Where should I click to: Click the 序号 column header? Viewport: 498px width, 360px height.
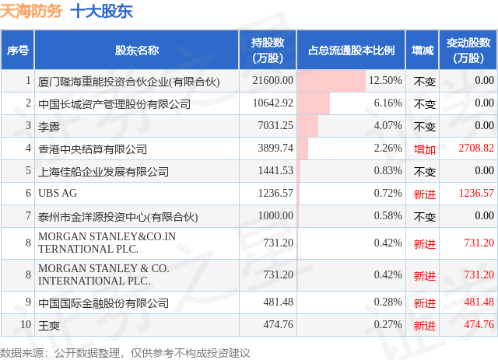18,51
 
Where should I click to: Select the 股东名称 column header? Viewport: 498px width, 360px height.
137,51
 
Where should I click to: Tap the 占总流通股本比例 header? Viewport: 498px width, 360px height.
351,51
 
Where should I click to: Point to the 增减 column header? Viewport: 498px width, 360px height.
423,51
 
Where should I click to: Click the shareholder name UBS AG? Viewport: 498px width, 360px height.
58,194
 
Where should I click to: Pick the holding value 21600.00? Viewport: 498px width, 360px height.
273,80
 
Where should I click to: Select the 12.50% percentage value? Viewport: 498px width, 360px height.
385,80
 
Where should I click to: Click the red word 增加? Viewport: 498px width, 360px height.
425,149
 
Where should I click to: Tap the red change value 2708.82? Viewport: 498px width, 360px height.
476,148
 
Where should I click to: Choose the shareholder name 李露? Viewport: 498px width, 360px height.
49,127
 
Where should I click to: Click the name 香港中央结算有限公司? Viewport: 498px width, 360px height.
93,149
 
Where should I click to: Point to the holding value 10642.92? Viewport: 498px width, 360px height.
273,103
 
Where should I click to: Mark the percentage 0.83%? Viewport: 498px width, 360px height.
388,171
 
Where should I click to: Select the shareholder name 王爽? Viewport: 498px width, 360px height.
49,326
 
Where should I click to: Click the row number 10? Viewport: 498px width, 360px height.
26,324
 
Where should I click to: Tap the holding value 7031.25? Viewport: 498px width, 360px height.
275,125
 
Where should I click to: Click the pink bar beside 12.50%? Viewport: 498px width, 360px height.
331,81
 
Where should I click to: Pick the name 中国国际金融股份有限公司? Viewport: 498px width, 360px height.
103,303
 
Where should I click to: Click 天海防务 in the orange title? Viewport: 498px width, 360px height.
31,12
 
